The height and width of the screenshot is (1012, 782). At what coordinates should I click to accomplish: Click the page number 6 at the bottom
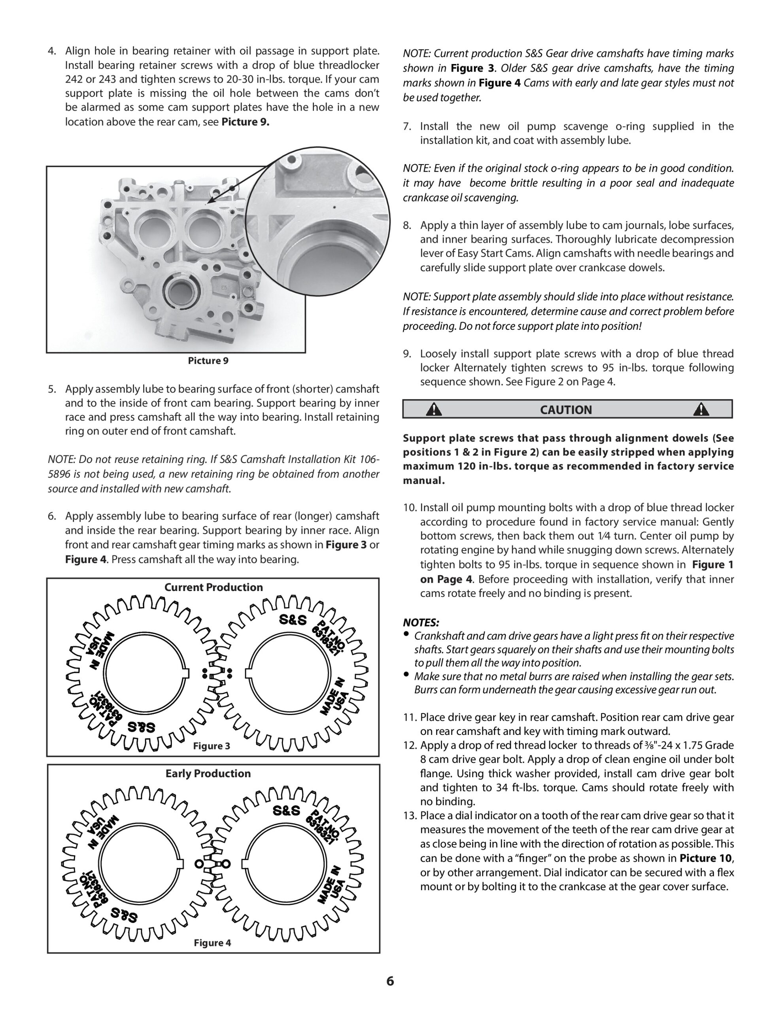pos(390,982)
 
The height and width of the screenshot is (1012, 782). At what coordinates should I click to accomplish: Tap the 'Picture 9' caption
pos(208,361)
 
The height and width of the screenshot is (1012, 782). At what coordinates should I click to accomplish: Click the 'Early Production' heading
pos(208,773)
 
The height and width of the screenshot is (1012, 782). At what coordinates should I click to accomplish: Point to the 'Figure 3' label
pos(212,746)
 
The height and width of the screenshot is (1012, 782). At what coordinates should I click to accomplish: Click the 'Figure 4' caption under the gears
pos(212,943)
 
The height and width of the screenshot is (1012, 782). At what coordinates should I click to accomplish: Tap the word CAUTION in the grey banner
pos(566,410)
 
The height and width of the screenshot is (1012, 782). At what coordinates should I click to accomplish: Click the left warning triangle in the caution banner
pos(434,410)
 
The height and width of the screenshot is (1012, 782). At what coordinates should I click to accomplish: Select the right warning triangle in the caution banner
pos(701,410)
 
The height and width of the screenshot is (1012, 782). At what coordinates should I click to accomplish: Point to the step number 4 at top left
pos(51,51)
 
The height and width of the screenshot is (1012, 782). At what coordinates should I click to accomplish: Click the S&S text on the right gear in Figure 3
pos(293,620)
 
